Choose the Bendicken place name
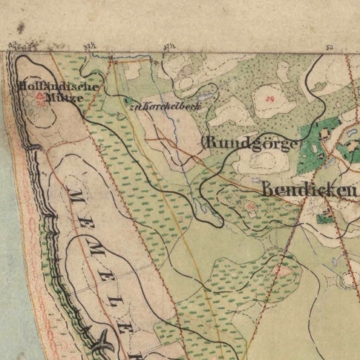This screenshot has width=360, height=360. (x=310, y=190)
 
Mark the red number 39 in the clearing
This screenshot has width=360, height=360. (x=271, y=96)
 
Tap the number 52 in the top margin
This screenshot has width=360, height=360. (x=330, y=45)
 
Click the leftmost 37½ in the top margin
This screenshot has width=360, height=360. (x=90, y=45)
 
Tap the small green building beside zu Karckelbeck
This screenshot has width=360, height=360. (x=127, y=102)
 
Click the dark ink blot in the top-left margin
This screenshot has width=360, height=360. (x=21, y=28)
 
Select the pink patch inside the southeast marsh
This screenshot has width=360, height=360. (x=285, y=271)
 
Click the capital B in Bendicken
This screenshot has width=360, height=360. (x=269, y=190)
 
